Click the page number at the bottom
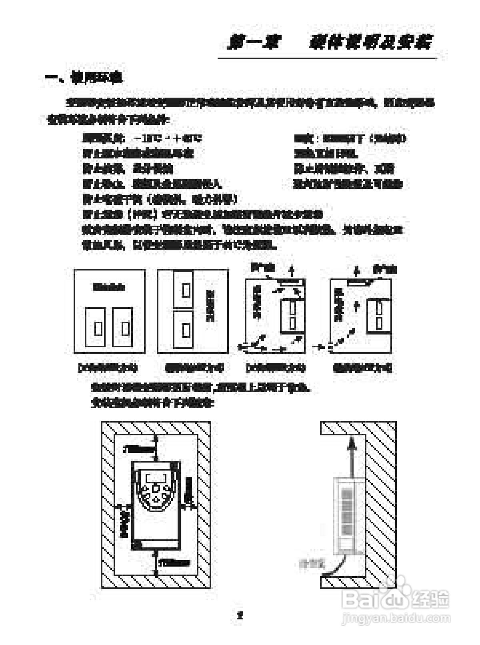240,615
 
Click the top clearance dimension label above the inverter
138,449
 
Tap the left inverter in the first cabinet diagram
95,327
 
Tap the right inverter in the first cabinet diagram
122,327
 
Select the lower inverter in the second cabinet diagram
183,330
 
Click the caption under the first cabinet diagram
108,367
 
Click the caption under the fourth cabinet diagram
362,368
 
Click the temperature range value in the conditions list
168,138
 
